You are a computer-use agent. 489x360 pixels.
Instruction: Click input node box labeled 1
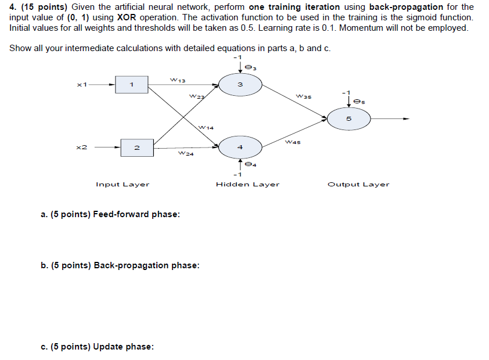[131, 85]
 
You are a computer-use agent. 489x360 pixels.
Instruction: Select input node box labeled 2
[136, 148]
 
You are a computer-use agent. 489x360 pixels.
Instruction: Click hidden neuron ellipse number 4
[240, 148]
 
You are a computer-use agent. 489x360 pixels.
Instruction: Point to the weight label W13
[177, 80]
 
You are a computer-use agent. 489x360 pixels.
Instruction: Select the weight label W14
[206, 127]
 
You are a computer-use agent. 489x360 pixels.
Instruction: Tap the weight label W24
[186, 154]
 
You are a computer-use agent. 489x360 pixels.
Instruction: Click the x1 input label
[82, 85]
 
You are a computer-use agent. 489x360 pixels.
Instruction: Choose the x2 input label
[82, 148]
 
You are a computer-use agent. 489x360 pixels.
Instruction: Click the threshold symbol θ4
[250, 165]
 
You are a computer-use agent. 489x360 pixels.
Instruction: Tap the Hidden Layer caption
[247, 185]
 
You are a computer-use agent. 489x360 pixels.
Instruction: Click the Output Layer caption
[358, 185]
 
